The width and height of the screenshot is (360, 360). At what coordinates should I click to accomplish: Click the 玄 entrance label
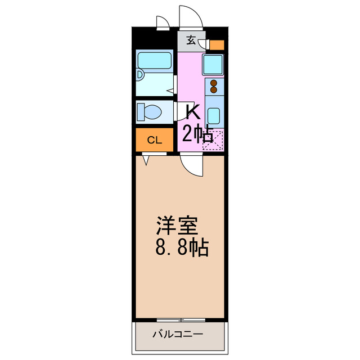191,40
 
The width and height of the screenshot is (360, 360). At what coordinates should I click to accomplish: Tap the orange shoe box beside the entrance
217,45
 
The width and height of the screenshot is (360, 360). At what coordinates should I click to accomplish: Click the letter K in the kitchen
193,112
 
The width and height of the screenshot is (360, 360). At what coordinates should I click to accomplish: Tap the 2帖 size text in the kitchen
196,134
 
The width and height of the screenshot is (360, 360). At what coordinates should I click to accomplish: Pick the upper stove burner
214,83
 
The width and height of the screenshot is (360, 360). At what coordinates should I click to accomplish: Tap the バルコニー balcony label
178,335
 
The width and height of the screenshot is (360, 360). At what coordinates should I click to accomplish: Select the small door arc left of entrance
162,22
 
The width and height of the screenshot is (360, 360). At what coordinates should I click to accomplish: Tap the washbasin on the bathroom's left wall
141,75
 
